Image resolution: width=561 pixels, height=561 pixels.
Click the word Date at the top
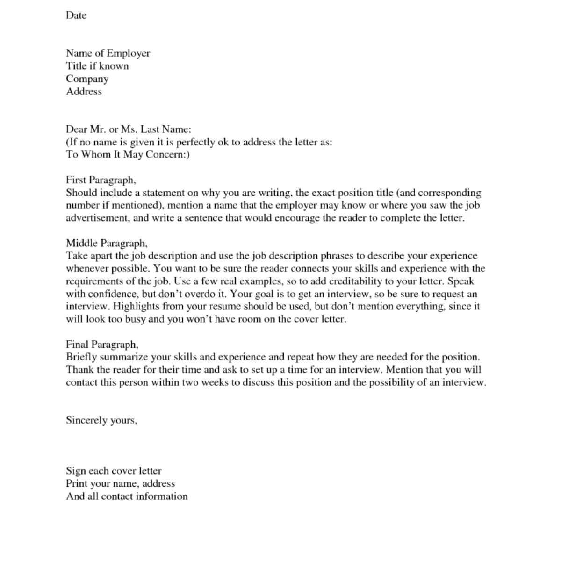(x=76, y=15)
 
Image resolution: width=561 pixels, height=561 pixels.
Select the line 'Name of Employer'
(x=108, y=53)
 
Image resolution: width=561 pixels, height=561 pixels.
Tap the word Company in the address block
(x=87, y=79)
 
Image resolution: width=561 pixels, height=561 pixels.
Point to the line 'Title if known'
(x=97, y=66)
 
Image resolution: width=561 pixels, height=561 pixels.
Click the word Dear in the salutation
(x=76, y=129)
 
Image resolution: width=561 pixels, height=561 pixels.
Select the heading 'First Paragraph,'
(x=101, y=180)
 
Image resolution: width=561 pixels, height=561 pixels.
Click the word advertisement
(x=97, y=218)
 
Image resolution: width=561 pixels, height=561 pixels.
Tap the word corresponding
(x=449, y=193)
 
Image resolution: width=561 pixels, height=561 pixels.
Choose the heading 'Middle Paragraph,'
(x=107, y=243)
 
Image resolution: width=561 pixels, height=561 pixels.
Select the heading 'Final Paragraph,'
(x=102, y=345)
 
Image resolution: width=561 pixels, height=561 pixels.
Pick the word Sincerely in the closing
(x=86, y=420)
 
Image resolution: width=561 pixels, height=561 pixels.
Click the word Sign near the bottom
(x=75, y=471)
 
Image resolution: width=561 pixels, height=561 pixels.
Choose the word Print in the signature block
(x=76, y=483)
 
